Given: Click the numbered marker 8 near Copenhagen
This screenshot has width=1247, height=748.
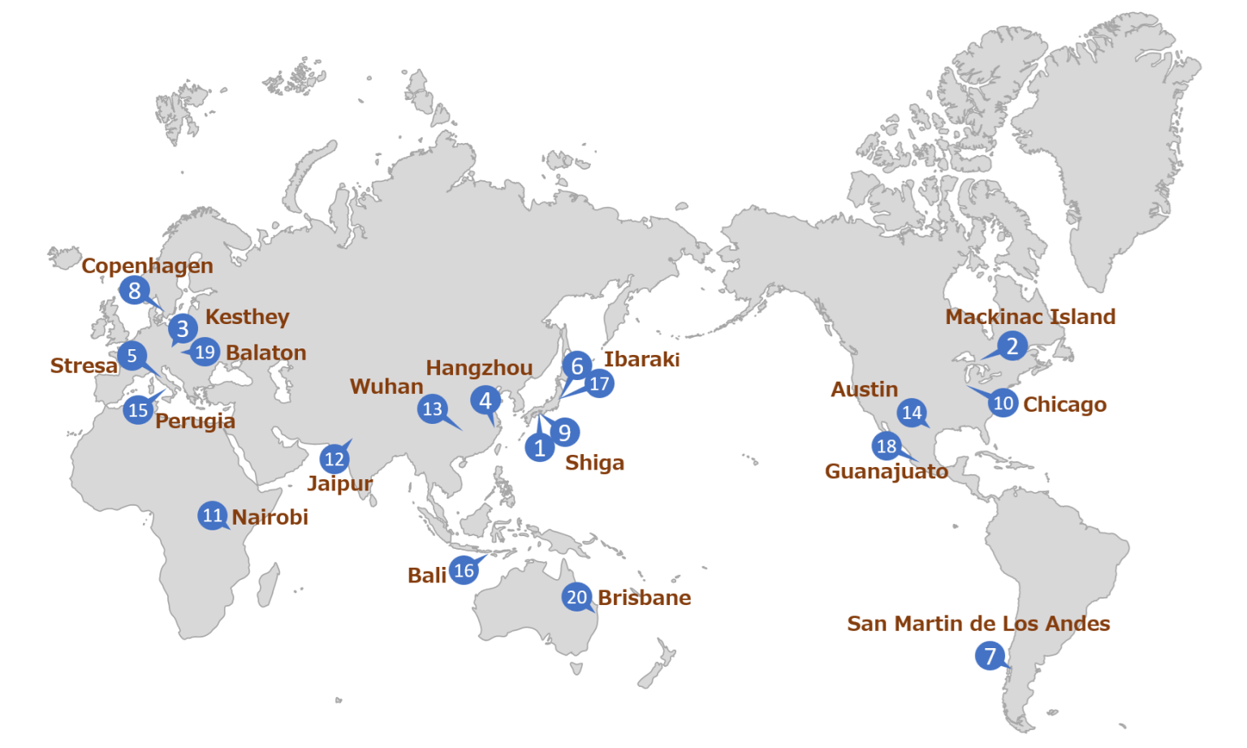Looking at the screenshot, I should (135, 290).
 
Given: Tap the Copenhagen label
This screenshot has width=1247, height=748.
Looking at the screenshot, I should (147, 266).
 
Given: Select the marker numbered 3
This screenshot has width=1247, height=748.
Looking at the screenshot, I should (183, 328).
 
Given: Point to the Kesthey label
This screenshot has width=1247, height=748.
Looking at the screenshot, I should (247, 317).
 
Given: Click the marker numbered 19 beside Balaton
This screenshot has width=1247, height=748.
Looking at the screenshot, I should (205, 352).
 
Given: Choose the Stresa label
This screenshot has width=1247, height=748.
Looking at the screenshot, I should (84, 365).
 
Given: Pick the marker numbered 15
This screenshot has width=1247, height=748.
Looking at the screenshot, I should (139, 409).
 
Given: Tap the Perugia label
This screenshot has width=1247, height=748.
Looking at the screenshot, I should (195, 421).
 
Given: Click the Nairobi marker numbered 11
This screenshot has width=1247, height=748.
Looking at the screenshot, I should (213, 515).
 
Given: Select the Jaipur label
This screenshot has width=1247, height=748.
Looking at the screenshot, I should (339, 483).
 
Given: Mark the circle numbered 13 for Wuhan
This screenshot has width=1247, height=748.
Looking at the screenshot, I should (433, 409).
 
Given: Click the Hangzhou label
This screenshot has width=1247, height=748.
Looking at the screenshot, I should (479, 368).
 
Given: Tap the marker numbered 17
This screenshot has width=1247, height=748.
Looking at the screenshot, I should (599, 383).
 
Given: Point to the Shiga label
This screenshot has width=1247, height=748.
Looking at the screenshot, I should (594, 462).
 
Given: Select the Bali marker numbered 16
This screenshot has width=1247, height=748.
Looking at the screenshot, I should (464, 570).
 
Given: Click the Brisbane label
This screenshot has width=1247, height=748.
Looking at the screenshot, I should (645, 598).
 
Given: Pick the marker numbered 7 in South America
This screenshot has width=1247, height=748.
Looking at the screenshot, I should (990, 655).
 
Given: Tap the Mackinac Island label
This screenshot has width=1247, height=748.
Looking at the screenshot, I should (1030, 317).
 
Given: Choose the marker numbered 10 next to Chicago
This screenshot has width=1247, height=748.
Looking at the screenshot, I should (1003, 403).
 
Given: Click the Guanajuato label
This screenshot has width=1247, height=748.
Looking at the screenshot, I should (886, 471).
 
